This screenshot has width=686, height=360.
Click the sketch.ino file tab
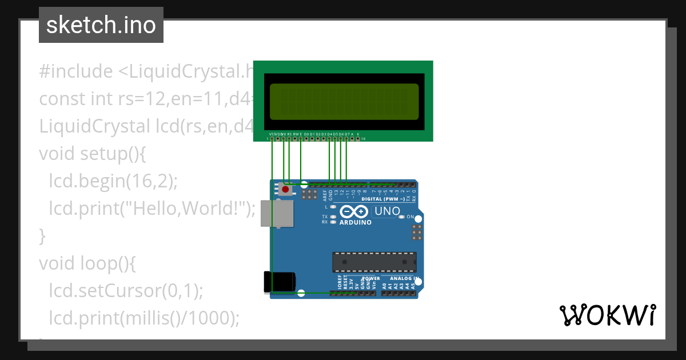coord(101,25)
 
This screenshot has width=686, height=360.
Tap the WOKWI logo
coord(607,315)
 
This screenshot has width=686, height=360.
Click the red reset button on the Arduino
coord(285,189)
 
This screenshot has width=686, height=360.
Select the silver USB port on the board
coord(277,213)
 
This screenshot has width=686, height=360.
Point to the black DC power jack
coord(280,282)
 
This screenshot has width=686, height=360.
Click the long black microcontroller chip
coord(374,262)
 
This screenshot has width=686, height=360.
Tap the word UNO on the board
coord(388,211)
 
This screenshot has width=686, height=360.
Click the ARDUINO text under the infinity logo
coord(355,222)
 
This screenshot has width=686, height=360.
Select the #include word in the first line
coord(76,71)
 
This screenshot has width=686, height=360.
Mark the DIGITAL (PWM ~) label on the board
coord(381,199)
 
